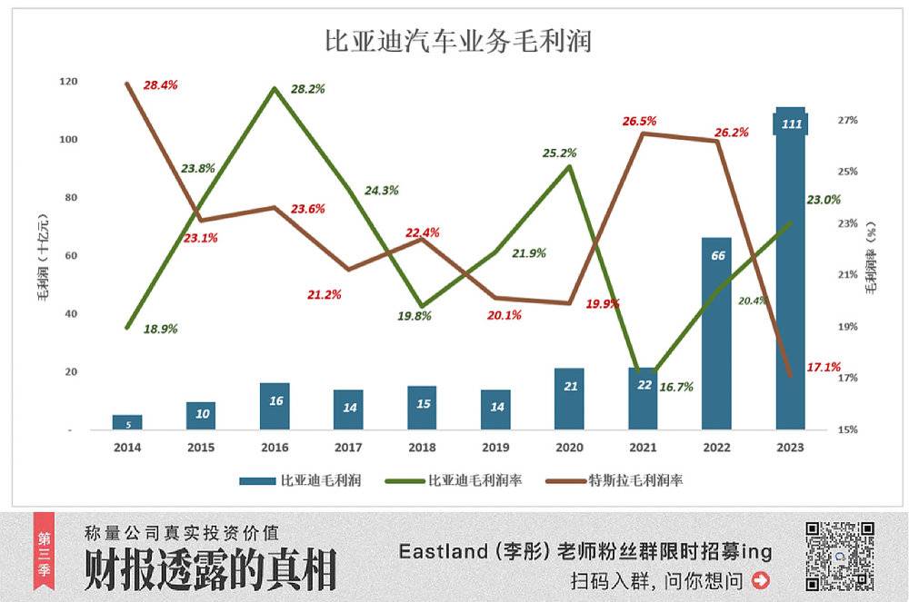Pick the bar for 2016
pyautogui.click(x=275, y=406)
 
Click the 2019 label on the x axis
pyautogui.click(x=495, y=448)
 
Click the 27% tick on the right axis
pyautogui.click(x=847, y=120)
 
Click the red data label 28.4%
pyautogui.click(x=161, y=85)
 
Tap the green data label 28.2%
pyautogui.click(x=308, y=89)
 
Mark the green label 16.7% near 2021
pyautogui.click(x=676, y=387)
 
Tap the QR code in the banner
pyautogui.click(x=841, y=556)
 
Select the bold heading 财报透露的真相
pyautogui.click(x=210, y=570)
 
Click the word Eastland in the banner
pyautogui.click(x=438, y=551)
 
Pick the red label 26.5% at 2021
pyautogui.click(x=640, y=121)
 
